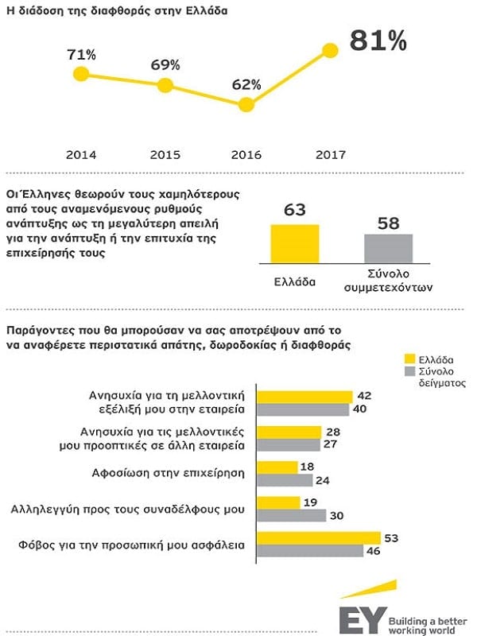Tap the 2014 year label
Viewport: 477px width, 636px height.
point(80,154)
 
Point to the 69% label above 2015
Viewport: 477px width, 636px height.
point(165,63)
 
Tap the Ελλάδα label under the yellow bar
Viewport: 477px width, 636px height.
point(295,281)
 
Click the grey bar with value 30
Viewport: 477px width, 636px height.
point(293,515)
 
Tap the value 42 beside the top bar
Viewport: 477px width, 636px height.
point(365,396)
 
